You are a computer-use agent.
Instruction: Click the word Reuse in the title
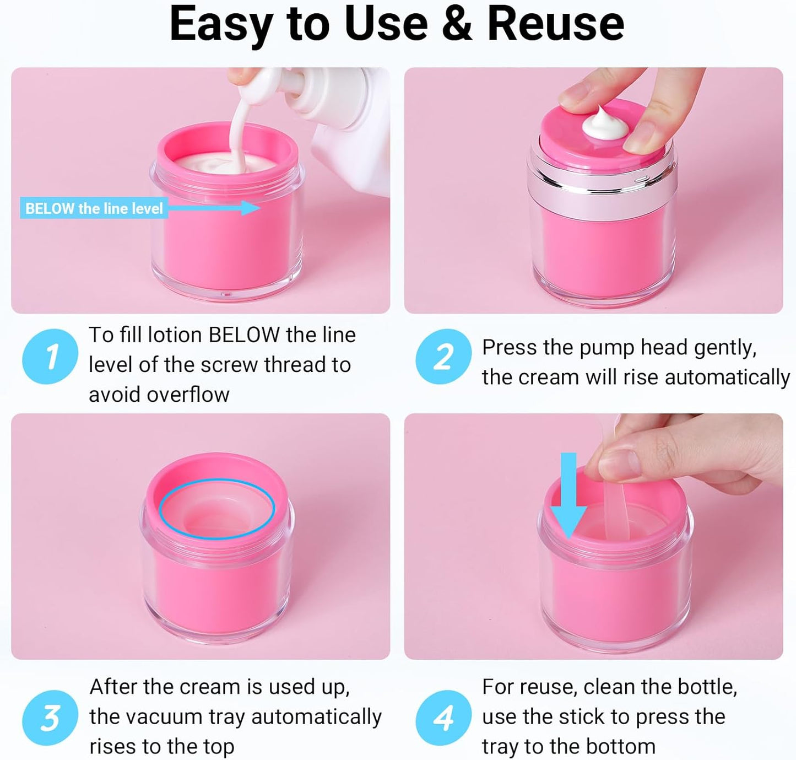point(555,24)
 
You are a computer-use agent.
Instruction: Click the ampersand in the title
point(457,24)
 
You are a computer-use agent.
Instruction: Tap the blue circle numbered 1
point(50,357)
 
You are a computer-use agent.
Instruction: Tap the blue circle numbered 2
point(443,357)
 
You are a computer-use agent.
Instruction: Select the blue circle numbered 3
point(50,718)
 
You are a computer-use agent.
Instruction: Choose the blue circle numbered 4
point(443,718)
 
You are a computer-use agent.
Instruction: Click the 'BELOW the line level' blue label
point(94,208)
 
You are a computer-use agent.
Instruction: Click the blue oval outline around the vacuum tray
point(216,485)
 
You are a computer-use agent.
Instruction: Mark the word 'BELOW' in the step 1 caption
point(244,335)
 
